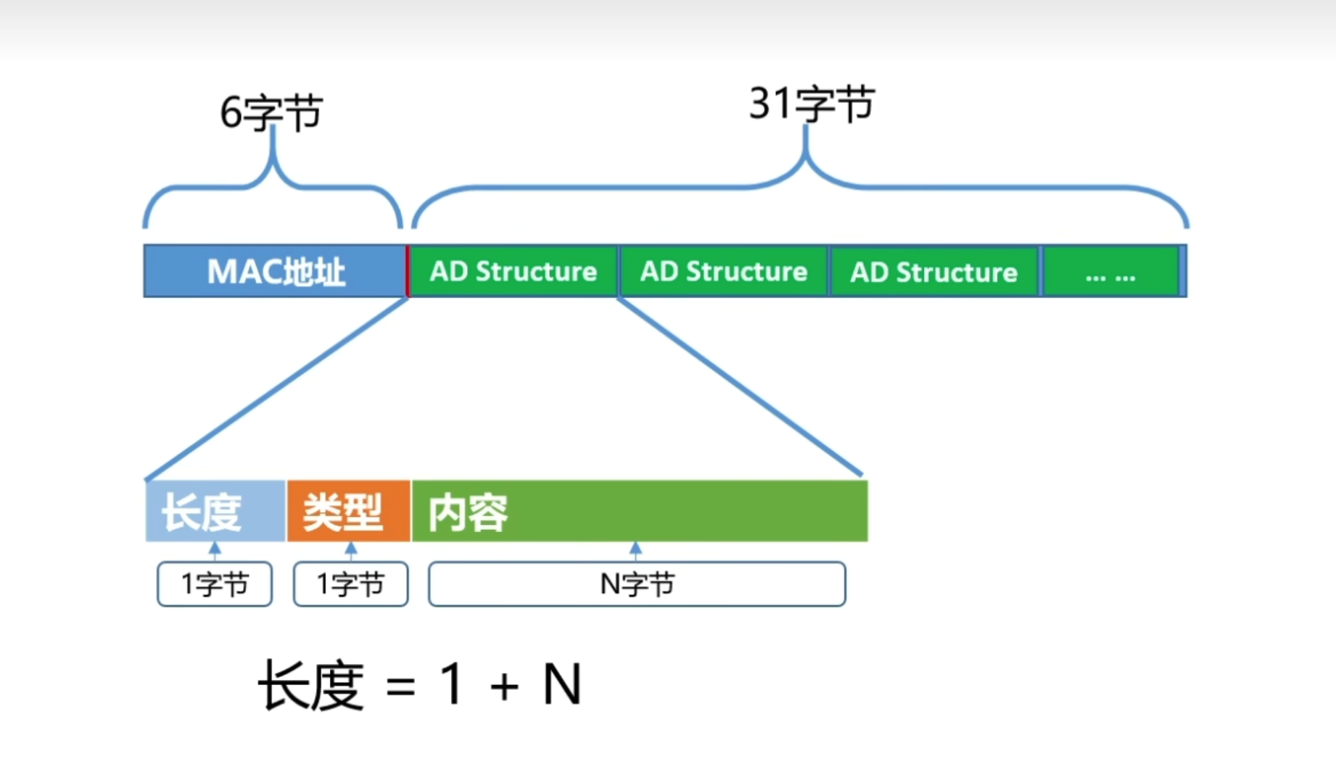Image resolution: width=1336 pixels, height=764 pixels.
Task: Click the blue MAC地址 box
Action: click(275, 271)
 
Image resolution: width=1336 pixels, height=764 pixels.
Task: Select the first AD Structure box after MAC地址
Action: click(514, 271)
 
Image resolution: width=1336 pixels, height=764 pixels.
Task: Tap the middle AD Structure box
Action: click(723, 271)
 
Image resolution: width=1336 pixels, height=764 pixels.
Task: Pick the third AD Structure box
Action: click(934, 271)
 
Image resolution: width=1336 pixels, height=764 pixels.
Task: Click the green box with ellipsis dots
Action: click(1110, 271)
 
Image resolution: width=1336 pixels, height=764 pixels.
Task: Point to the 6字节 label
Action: click(271, 112)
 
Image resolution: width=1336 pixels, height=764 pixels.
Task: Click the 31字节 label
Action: click(812, 104)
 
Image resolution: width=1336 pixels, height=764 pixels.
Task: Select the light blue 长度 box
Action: click(215, 511)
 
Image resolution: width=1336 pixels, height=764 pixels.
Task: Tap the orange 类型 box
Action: click(349, 511)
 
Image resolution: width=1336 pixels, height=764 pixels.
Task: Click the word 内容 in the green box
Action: click(468, 513)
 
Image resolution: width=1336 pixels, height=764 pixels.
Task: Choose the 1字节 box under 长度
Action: click(215, 584)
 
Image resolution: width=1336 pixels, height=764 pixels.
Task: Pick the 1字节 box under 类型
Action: click(351, 584)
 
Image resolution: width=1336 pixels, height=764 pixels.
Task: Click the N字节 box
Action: click(637, 584)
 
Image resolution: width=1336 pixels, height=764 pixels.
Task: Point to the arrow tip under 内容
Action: click(635, 543)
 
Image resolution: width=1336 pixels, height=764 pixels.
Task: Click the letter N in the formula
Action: click(562, 684)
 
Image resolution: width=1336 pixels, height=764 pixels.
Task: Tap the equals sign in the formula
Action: click(401, 686)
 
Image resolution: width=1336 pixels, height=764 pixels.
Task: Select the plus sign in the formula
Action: click(505, 686)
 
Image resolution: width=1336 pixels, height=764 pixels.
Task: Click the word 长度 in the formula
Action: click(311, 685)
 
